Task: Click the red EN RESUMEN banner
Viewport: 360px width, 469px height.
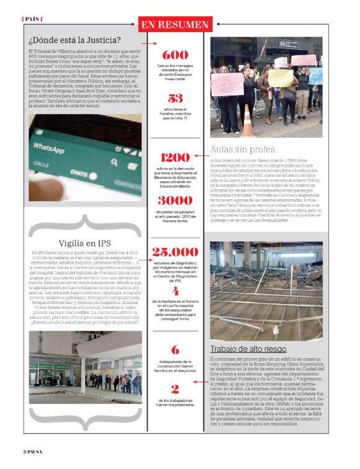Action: coord(175,25)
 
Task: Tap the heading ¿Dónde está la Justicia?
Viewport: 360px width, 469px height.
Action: coord(74,41)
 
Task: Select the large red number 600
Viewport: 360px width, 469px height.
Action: coord(175,55)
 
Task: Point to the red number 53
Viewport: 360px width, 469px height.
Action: coord(175,98)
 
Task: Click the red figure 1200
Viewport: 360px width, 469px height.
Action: coord(175,158)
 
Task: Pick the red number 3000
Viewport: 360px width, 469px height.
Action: coord(175,200)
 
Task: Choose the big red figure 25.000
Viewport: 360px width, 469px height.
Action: coord(175,251)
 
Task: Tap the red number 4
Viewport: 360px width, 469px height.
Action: coord(175,290)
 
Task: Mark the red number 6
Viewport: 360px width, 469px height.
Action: coord(175,349)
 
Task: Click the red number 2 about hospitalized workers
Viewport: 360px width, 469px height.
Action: coord(175,389)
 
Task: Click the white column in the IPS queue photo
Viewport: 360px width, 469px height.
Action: coord(83,367)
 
